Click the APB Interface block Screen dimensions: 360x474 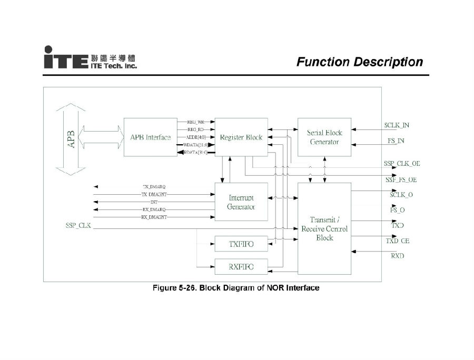[150, 137]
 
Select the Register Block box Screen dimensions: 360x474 [241, 137]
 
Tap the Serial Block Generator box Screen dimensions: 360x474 [324, 137]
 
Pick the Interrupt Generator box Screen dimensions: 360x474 [241, 202]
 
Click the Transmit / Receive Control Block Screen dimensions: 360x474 [324, 228]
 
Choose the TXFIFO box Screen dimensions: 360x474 [241, 244]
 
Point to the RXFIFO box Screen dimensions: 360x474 [241, 267]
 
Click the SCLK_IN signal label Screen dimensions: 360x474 [397, 125]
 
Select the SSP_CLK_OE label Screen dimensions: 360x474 [402, 164]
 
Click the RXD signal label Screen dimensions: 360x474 [398, 256]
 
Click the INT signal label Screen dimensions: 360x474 [154, 202]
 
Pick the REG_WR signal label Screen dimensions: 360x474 [196, 122]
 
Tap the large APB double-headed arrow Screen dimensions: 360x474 [70, 139]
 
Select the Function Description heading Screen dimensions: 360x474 [359, 62]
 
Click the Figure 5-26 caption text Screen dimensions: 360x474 [235, 288]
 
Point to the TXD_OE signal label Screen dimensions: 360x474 [397, 241]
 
